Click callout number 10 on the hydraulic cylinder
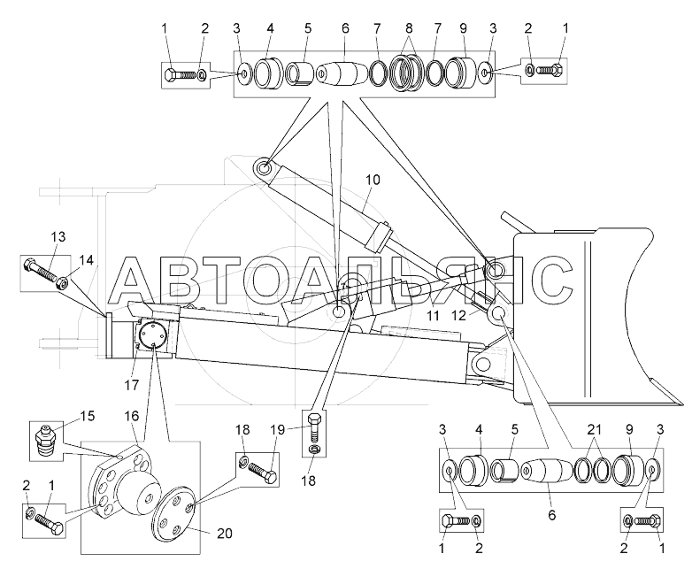(x=373, y=181)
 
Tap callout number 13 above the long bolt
(x=58, y=237)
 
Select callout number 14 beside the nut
(x=87, y=260)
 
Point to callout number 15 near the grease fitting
(x=88, y=416)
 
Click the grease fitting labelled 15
(x=44, y=439)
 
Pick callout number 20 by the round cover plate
(x=224, y=534)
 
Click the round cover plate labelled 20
(x=173, y=511)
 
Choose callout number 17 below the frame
(x=131, y=385)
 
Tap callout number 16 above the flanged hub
(x=132, y=416)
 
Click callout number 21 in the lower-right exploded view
(x=595, y=429)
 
